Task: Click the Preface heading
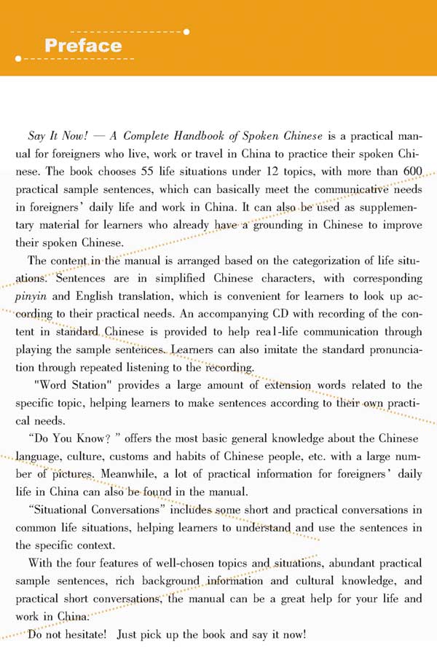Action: point(83,46)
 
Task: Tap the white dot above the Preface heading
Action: point(187,31)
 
